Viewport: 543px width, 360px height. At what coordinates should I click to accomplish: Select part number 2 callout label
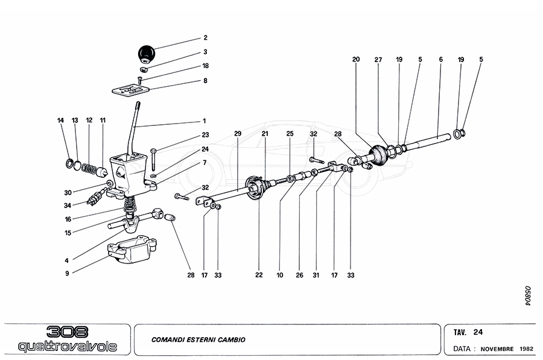[x=205, y=37]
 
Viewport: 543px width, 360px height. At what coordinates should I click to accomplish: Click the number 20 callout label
[x=356, y=60]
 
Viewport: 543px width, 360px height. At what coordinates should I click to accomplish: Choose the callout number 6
[x=441, y=60]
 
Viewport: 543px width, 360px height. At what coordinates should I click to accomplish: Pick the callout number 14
[x=60, y=121]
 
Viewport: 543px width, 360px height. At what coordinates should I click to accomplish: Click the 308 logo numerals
[x=67, y=332]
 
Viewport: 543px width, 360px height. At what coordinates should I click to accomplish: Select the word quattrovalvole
[x=67, y=347]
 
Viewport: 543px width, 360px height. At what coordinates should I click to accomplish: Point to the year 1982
[x=526, y=349]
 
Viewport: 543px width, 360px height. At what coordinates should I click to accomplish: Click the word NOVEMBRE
[x=498, y=349]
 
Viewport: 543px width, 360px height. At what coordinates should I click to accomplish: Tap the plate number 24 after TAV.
[x=478, y=332]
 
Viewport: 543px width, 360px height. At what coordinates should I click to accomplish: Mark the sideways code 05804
[x=526, y=296]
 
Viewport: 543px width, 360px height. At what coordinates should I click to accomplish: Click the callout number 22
[x=259, y=275]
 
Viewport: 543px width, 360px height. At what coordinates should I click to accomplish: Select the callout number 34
[x=67, y=205]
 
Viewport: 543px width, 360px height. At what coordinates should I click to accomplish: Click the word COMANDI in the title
[x=168, y=339]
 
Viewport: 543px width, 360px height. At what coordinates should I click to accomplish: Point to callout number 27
[x=378, y=60]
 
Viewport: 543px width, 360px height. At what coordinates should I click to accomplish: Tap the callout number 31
[x=316, y=275]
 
